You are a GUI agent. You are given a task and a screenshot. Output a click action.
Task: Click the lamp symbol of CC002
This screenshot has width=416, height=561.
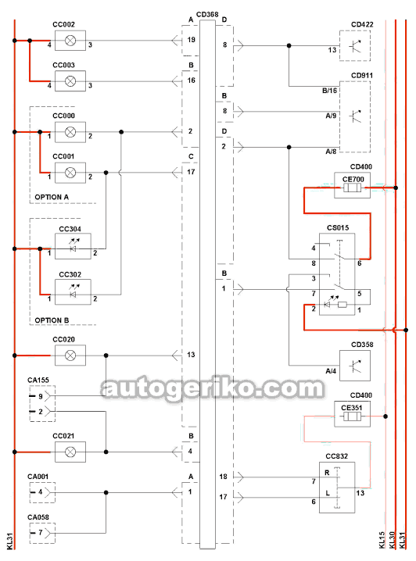tap(70, 41)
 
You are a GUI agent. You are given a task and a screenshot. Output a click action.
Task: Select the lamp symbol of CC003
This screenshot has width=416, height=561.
tap(70, 81)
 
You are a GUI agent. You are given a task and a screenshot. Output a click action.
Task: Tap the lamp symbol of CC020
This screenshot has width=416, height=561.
tap(70, 356)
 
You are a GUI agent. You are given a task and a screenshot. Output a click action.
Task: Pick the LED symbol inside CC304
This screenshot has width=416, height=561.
tap(74, 245)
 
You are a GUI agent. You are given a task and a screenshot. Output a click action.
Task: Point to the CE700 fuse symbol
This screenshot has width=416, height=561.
tap(353, 188)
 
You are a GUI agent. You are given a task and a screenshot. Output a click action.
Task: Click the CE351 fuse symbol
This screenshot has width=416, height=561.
tap(353, 416)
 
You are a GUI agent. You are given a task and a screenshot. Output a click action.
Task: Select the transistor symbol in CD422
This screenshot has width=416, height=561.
tap(355, 45)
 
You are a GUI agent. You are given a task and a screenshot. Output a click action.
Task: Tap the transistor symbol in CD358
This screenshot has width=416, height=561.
tap(355, 366)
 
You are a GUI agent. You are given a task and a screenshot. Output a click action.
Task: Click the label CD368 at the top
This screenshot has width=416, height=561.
tap(207, 15)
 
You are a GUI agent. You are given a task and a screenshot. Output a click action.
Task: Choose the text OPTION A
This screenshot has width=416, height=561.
tap(52, 197)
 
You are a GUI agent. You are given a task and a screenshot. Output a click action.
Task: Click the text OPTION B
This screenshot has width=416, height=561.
tap(52, 320)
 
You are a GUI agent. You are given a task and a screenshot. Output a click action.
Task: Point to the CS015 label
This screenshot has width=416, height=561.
tap(338, 228)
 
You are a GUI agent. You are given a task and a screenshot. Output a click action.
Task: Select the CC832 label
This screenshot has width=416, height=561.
tap(336, 456)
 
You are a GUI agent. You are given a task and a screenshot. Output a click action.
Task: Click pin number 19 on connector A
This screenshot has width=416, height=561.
tap(191, 40)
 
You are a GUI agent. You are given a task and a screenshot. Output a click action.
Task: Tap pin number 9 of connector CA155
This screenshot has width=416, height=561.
tap(41, 396)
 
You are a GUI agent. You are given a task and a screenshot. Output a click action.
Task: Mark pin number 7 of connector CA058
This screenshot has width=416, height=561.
tap(41, 533)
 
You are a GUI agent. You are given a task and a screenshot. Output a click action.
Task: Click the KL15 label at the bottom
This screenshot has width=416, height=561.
tap(382, 540)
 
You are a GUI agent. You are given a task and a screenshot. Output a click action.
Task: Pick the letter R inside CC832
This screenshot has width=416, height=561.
tap(327, 473)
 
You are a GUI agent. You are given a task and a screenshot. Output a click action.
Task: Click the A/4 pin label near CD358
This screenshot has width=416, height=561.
tap(331, 371)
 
